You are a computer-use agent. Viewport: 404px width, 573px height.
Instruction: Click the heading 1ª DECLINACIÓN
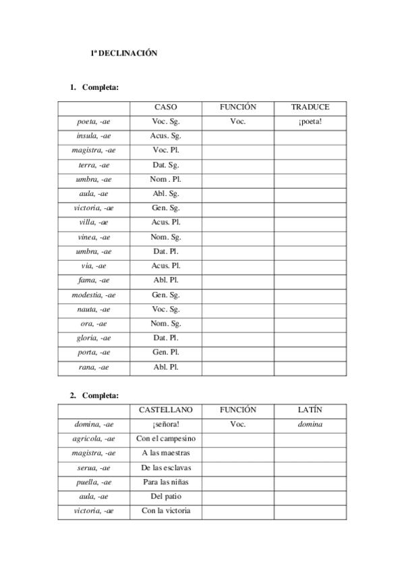pos(124,53)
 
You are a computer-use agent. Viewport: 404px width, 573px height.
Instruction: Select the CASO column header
pos(166,107)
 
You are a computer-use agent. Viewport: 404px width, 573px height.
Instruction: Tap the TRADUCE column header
pos(310,107)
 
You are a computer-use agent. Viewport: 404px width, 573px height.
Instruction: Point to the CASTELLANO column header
pos(166,410)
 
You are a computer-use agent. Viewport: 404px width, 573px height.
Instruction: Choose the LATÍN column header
pos(310,410)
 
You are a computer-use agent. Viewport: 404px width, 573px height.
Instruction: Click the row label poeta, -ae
pos(94,122)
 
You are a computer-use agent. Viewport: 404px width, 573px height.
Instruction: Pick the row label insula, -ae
pos(94,136)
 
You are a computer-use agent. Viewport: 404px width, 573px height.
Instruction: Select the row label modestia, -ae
pos(94,295)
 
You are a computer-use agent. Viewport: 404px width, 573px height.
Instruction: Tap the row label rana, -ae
pos(94,367)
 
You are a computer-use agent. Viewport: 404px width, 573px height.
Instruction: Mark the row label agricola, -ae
pos(94,439)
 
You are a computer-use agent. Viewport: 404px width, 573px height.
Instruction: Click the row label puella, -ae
pos(94,482)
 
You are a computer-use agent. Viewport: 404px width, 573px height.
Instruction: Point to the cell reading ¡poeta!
pos(310,122)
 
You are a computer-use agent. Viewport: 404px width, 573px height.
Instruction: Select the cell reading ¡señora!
pos(166,424)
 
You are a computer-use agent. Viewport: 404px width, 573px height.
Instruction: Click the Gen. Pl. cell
pos(166,352)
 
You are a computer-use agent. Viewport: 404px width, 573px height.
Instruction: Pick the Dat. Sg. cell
pos(166,165)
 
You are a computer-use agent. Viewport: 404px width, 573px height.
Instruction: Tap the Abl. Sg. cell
pos(166,193)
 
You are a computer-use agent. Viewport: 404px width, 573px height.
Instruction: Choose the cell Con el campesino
pos(166,439)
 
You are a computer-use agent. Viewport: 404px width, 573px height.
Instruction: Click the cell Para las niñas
pos(166,482)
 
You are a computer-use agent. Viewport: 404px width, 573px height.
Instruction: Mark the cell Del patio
pos(166,496)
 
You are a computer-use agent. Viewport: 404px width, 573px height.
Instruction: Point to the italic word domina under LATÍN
pos(310,424)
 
